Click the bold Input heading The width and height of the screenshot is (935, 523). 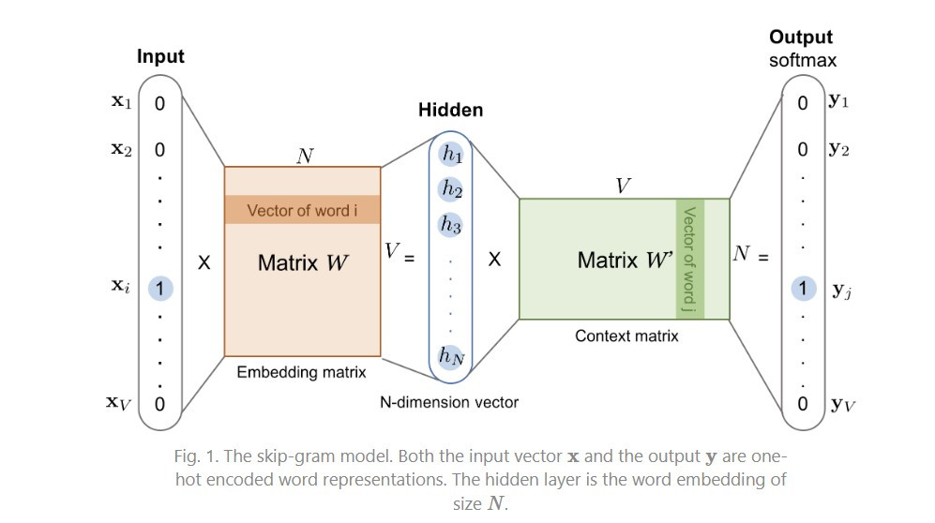[x=160, y=56]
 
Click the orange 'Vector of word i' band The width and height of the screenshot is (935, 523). [x=302, y=210]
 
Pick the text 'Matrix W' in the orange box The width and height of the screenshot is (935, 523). [x=303, y=262]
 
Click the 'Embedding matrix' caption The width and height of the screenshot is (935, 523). [x=301, y=372]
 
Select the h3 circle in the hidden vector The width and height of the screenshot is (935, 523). [x=452, y=225]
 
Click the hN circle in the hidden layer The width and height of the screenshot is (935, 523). [x=452, y=355]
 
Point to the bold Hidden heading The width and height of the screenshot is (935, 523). [x=450, y=111]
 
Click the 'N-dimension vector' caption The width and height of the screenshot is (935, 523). [x=449, y=402]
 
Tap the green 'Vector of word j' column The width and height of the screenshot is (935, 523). [x=689, y=259]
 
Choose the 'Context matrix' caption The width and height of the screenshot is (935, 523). [x=626, y=335]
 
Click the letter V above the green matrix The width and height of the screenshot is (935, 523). [x=621, y=186]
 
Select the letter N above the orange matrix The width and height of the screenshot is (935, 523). [x=304, y=155]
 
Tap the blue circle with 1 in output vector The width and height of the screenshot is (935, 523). [x=803, y=289]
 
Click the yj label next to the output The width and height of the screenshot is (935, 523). [x=841, y=291]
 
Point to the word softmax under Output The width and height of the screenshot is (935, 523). [x=802, y=61]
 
